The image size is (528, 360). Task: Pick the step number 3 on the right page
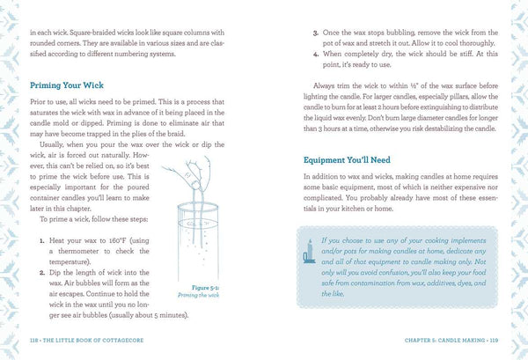click(x=315, y=33)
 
